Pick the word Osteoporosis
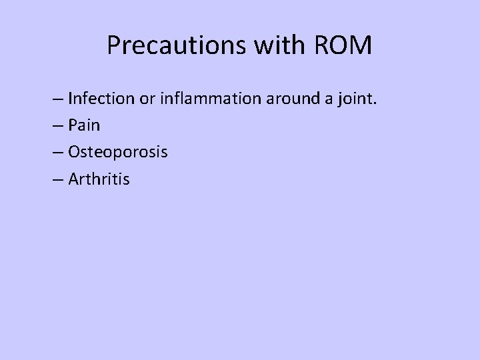coord(117,152)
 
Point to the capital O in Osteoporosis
coord(74,152)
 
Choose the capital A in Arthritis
coord(73,178)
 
